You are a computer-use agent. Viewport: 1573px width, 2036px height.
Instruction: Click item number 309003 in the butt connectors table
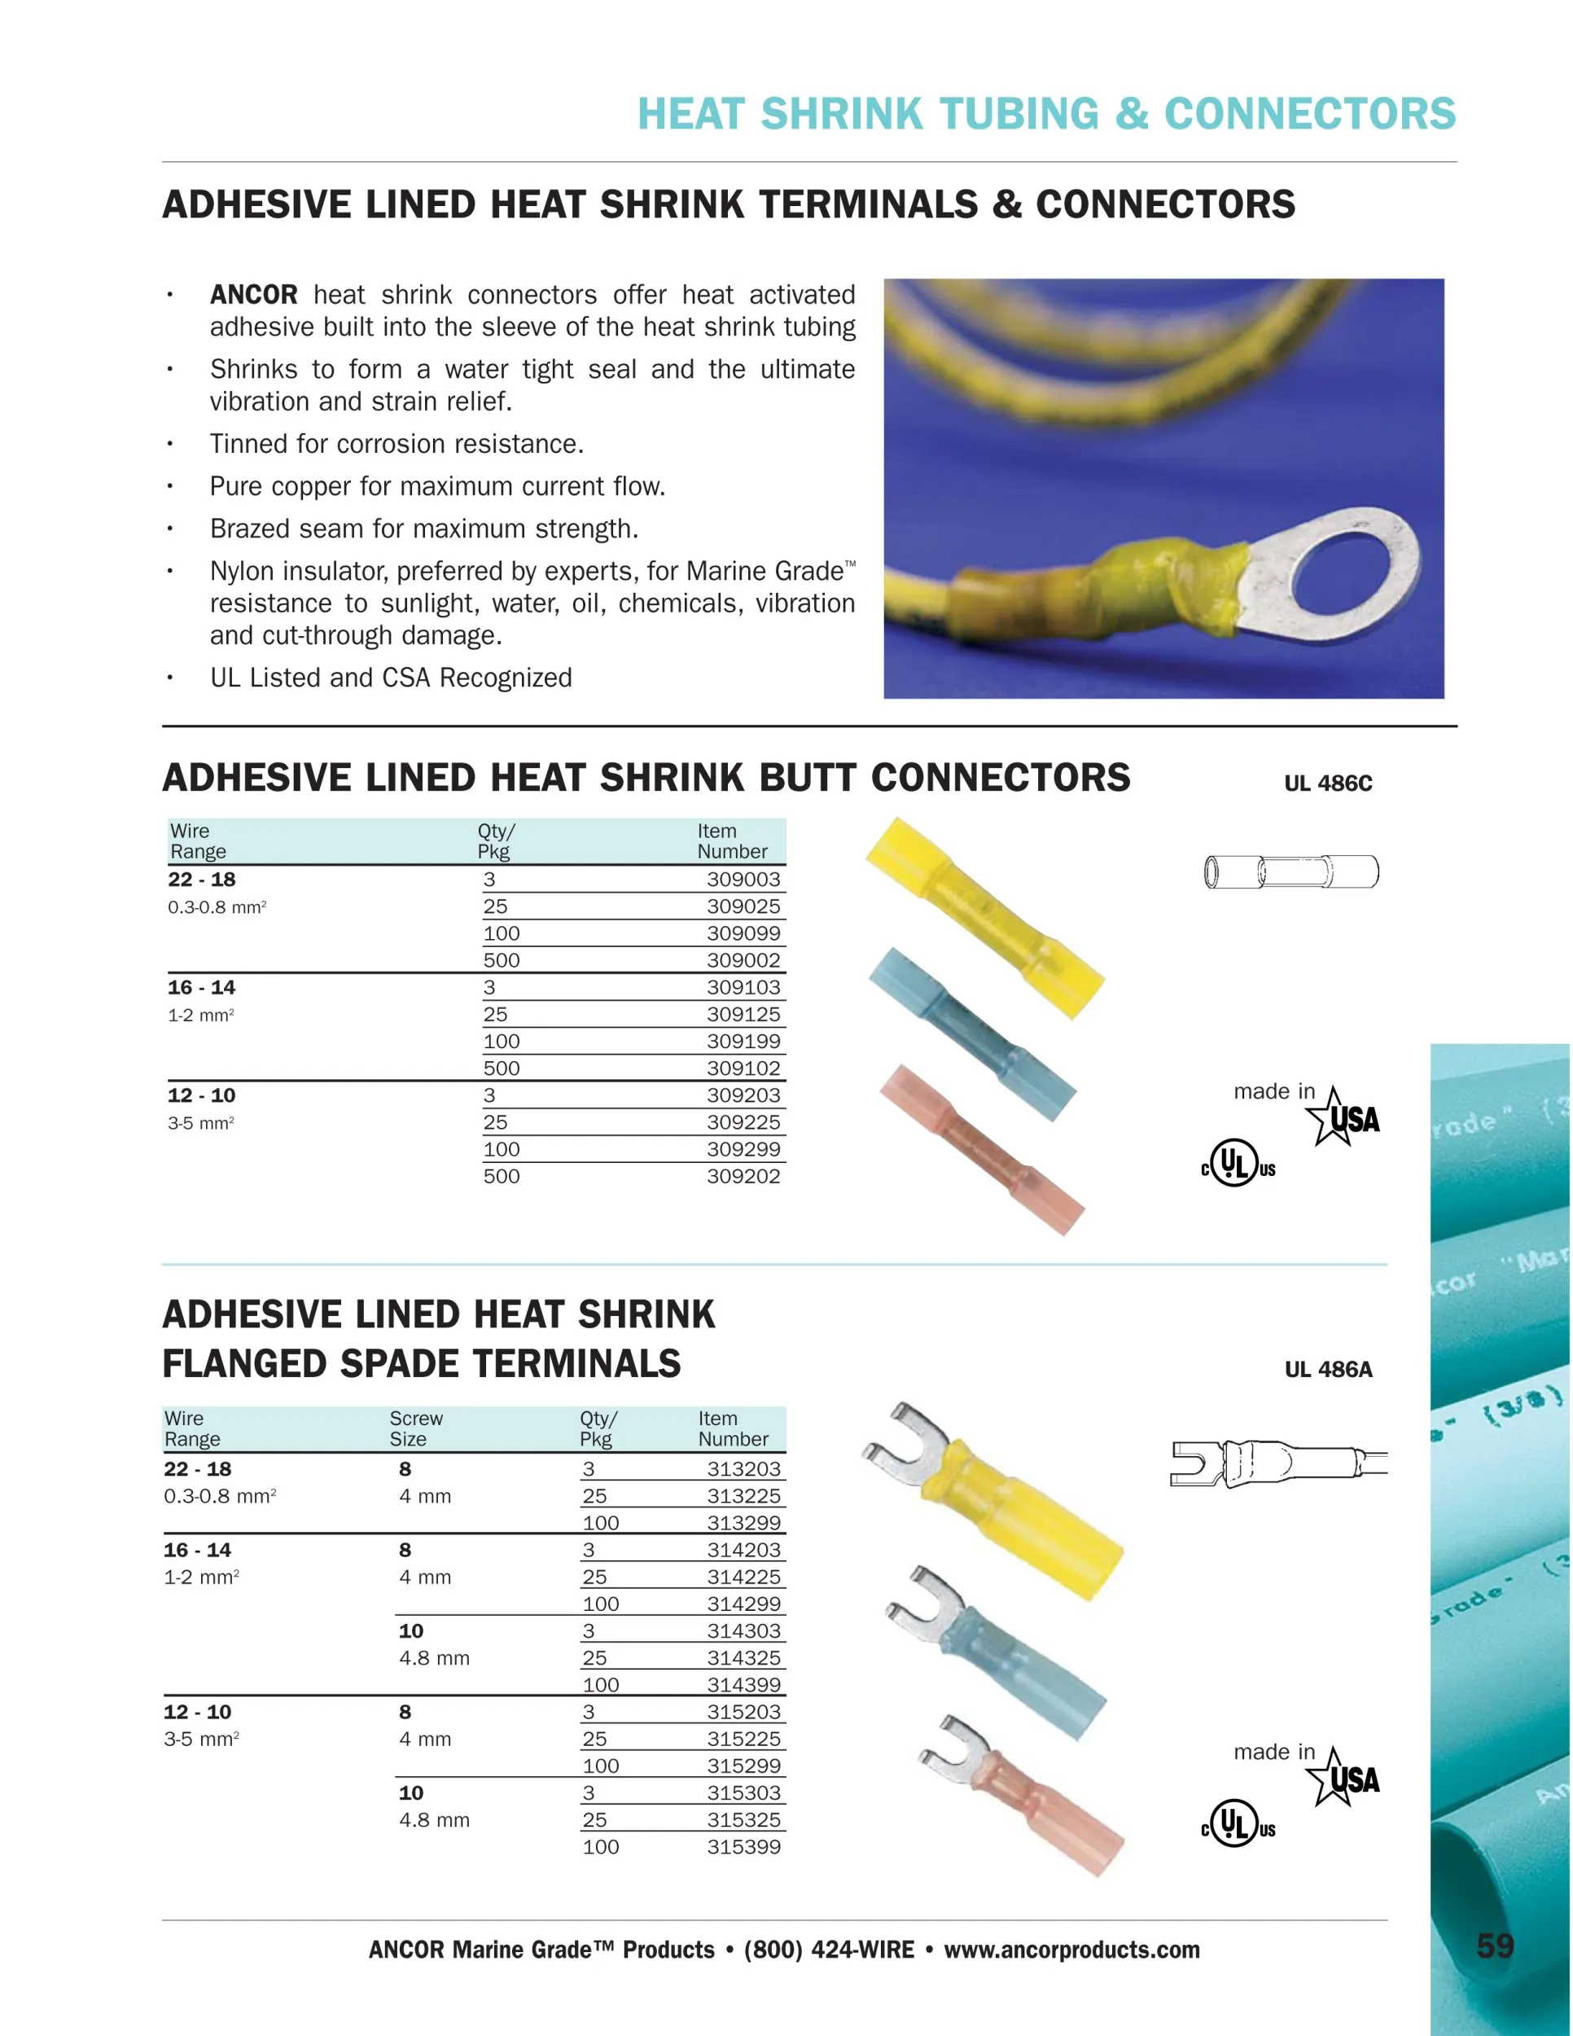[x=743, y=879]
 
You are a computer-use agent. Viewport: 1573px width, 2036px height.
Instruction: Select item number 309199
[x=743, y=1042]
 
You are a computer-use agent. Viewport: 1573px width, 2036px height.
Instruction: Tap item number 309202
[x=743, y=1177]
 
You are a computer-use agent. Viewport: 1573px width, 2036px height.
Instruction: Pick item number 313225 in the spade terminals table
[x=743, y=1496]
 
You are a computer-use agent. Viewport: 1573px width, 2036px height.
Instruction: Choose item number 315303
[x=743, y=1792]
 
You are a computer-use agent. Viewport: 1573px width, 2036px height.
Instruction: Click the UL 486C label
[x=1328, y=783]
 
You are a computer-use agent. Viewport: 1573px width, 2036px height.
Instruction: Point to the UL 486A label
[x=1328, y=1370]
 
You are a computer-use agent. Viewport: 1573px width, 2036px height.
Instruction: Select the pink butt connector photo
[x=981, y=1148]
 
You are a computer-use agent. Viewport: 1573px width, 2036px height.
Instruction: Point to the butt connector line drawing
[x=1290, y=872]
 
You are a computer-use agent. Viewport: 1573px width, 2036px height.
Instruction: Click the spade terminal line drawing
[x=1277, y=1463]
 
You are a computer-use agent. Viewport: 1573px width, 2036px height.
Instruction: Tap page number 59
[x=1495, y=1946]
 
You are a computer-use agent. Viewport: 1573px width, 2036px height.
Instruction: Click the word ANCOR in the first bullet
[x=253, y=295]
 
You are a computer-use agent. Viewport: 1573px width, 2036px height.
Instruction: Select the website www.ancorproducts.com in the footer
[x=1071, y=1950]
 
